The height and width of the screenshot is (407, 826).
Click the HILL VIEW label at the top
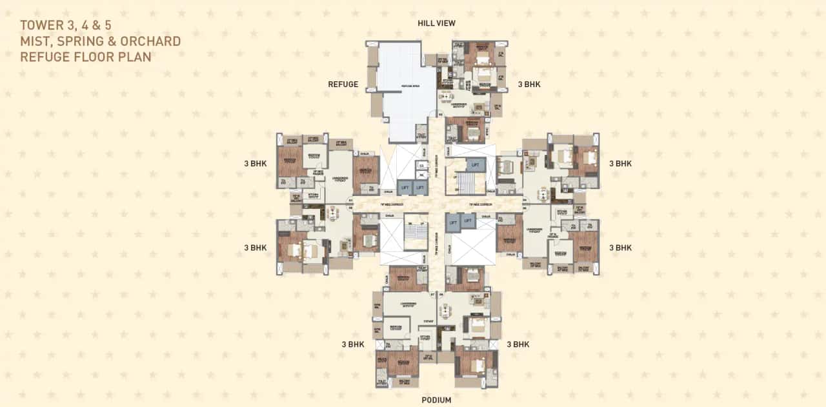[x=436, y=23]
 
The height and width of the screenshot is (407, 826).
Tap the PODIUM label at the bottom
[x=436, y=400]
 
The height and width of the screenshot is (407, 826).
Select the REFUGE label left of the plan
[x=343, y=84]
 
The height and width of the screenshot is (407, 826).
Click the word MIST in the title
[x=34, y=41]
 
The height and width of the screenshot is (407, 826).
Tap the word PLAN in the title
[x=136, y=57]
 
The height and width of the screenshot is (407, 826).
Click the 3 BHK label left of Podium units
[x=353, y=344]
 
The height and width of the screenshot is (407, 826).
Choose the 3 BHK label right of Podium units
[x=518, y=344]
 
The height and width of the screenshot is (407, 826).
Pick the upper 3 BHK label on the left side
[x=255, y=164]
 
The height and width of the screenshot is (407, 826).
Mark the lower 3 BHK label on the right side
[x=620, y=248]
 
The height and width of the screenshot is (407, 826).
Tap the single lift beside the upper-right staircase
[x=476, y=165]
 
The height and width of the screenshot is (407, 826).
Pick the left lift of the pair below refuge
[x=405, y=187]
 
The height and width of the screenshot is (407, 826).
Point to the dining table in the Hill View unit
[x=478, y=106]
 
